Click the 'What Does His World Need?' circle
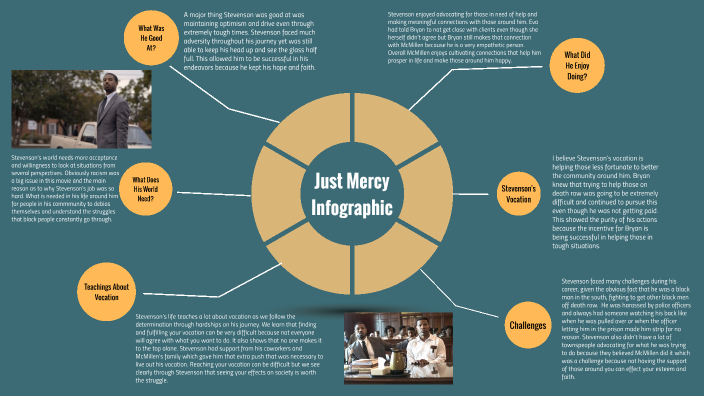pos(150,186)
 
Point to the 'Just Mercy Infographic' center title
pos(351,194)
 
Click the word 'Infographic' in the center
pos(351,209)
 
